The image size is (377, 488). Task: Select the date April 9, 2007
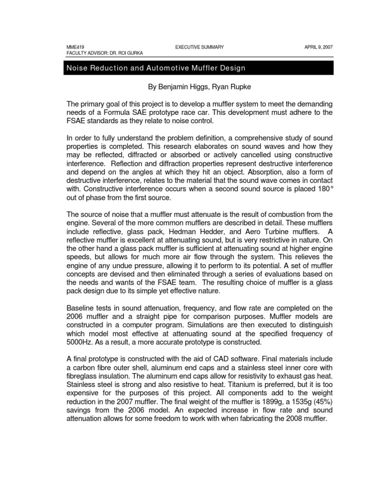pos(319,47)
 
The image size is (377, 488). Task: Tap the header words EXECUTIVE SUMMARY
pos(199,47)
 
